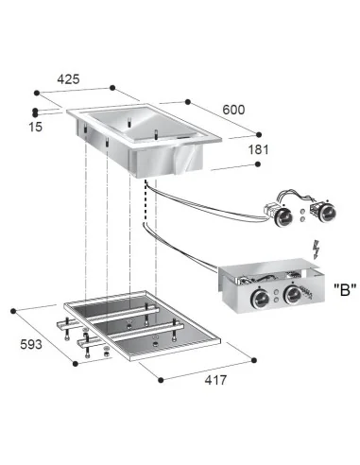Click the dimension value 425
click(x=68, y=79)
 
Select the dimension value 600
click(x=233, y=110)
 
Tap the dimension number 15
click(x=35, y=127)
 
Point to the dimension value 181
click(x=258, y=149)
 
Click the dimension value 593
click(x=31, y=344)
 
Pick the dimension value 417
click(x=215, y=380)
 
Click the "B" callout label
click(x=345, y=289)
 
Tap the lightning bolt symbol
click(x=317, y=250)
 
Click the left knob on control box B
click(x=260, y=299)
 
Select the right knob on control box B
click(x=293, y=295)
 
